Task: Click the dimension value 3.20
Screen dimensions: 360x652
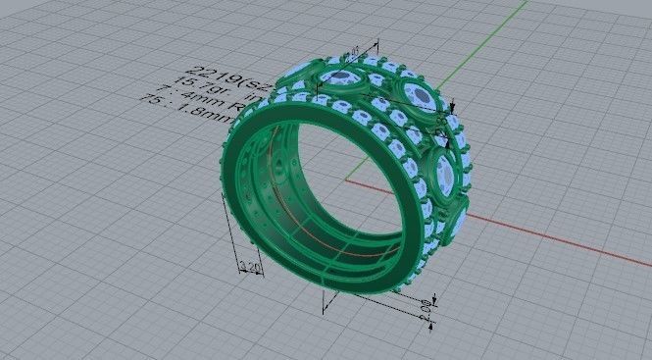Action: [x=250, y=267]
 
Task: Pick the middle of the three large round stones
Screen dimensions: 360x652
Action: [x=415, y=96]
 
